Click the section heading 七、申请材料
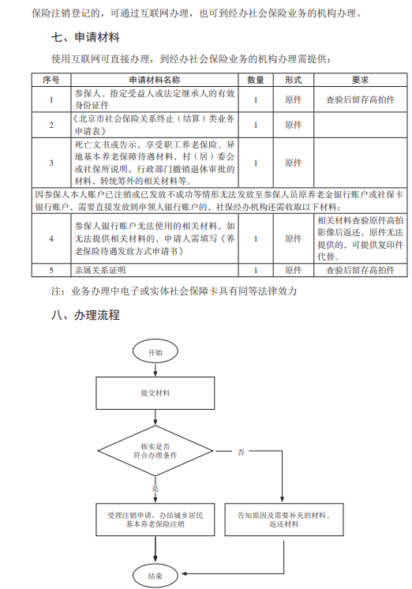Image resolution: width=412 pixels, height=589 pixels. coord(85,37)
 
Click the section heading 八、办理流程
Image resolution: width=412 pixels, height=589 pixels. coord(85,315)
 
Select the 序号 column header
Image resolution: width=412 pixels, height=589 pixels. coord(51,80)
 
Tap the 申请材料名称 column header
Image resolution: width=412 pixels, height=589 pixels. coord(155,80)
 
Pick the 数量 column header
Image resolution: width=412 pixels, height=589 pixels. coord(256,80)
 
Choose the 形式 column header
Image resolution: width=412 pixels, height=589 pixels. coord(294,80)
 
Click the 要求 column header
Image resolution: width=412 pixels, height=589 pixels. coord(360,80)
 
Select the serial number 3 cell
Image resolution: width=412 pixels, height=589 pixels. coord(51,163)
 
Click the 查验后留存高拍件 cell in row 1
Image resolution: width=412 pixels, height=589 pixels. coord(360,99)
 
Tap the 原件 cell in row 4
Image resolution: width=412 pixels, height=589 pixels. coord(294,238)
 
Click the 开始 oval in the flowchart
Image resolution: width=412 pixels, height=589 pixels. coord(155,352)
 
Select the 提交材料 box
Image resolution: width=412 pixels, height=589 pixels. coord(155,393)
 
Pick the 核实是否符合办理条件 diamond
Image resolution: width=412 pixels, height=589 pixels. coord(155,451)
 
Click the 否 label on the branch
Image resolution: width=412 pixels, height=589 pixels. coord(241,452)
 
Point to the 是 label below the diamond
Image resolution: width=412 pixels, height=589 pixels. coord(155,488)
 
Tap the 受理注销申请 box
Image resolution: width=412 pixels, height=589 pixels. coord(155,520)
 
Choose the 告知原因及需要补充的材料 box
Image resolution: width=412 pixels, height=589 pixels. coord(284,520)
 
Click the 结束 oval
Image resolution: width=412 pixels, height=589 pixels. coord(155,576)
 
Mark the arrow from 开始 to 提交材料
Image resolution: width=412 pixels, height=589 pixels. coord(155,371)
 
